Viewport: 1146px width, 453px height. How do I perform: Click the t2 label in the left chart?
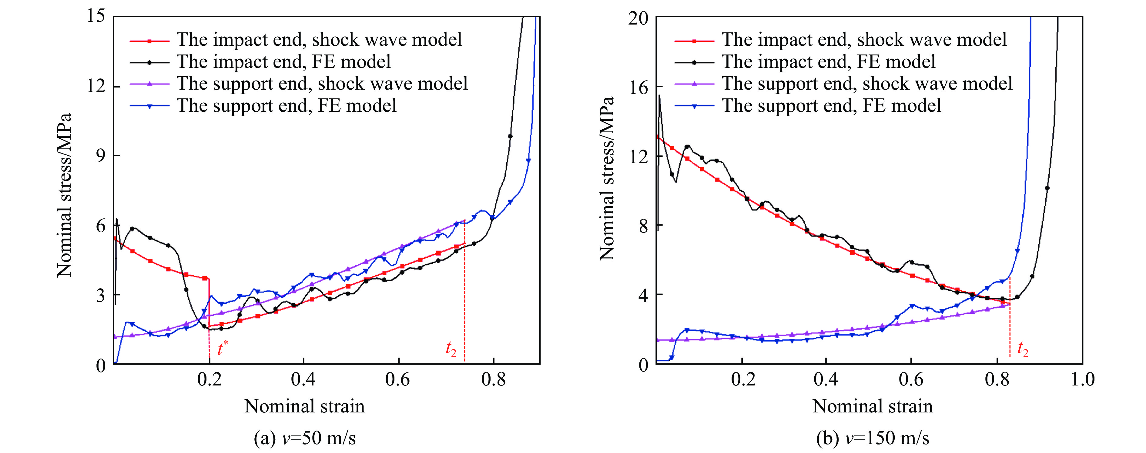click(x=451, y=349)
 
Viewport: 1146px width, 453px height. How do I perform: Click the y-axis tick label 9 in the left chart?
click(x=101, y=156)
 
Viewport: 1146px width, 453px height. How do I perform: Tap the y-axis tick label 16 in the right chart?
click(x=638, y=88)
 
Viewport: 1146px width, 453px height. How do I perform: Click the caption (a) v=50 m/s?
click(x=305, y=438)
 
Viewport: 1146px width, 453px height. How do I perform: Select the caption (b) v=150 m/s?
click(x=873, y=438)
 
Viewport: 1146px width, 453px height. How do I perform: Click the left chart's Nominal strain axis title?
click(x=305, y=406)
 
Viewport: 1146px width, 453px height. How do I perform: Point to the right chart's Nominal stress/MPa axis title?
click(x=607, y=178)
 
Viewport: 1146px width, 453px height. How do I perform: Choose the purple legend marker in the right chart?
click(x=694, y=84)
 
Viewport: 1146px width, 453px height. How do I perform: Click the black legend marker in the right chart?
click(x=694, y=62)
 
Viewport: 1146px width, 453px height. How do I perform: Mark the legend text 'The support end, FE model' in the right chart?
click(x=831, y=106)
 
